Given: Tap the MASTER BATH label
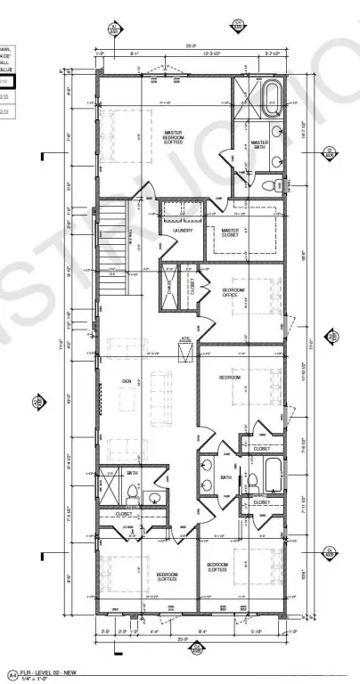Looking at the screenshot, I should (x=259, y=145).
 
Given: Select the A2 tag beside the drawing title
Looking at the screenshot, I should (x=12, y=673).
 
